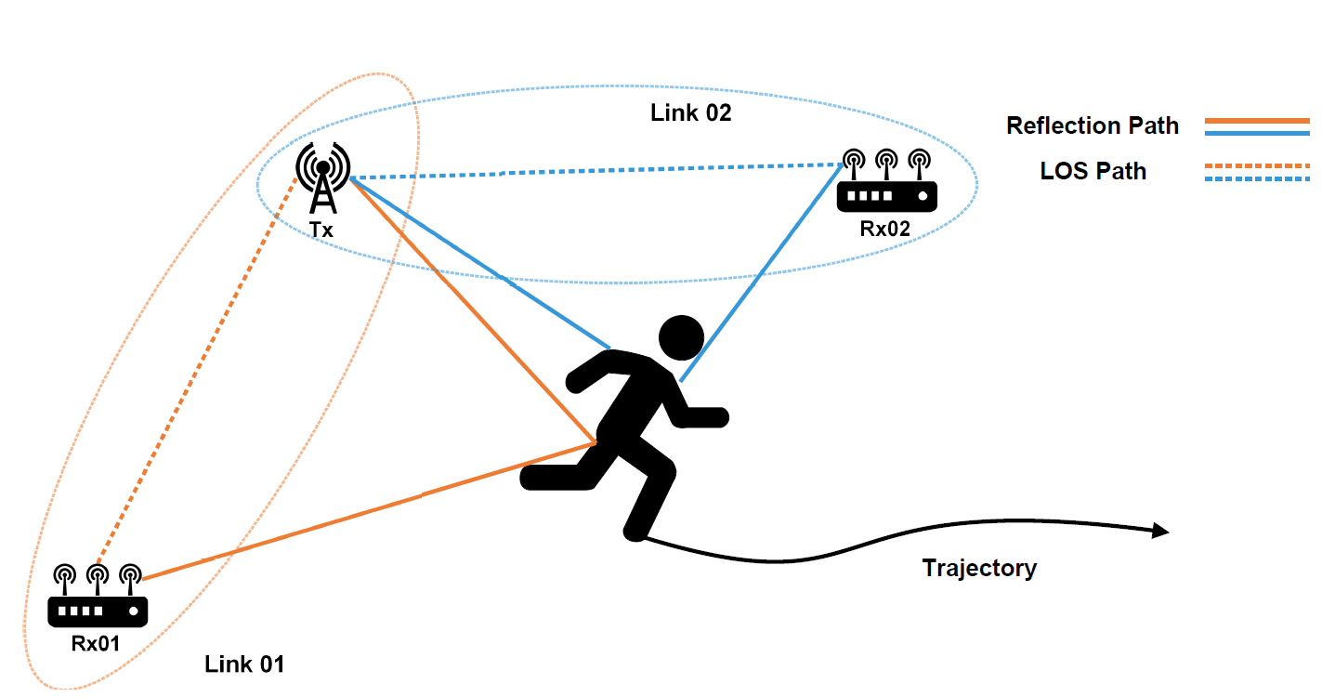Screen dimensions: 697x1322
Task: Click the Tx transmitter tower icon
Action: pos(322,178)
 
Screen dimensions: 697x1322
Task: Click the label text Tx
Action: pos(321,228)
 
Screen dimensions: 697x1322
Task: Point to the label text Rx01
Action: pos(96,642)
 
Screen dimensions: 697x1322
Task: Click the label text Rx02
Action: pos(886,228)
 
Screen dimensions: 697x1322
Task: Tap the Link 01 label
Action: pos(244,664)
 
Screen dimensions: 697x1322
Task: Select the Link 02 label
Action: pos(691,113)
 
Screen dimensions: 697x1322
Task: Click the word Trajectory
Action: pos(979,568)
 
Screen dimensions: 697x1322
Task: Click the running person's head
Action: pos(682,337)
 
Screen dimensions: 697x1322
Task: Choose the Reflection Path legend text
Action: pos(1093,125)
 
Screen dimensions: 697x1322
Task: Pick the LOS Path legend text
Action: pos(1093,171)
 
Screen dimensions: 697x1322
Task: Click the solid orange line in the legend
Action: pos(1256,121)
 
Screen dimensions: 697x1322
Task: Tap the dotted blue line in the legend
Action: pos(1256,178)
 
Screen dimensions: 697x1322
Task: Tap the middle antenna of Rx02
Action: pos(887,163)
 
